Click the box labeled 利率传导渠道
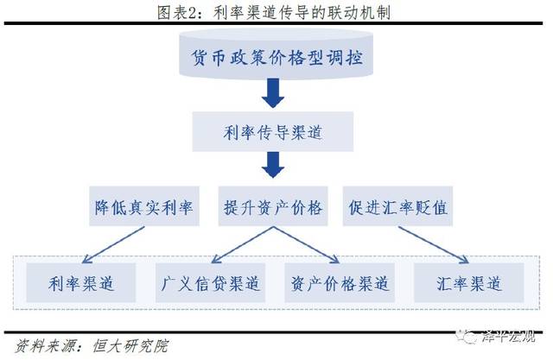(272, 133)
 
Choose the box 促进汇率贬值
(398, 207)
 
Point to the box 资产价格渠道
(339, 282)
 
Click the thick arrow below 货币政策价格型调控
(272, 93)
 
